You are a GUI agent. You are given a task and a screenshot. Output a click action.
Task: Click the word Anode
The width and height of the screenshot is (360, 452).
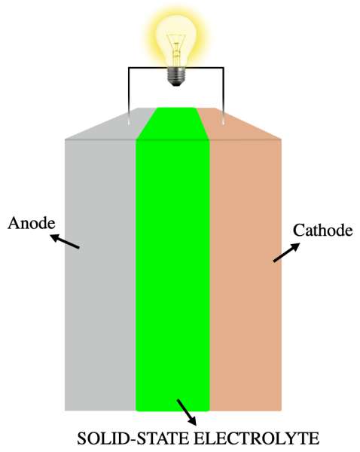tap(32, 223)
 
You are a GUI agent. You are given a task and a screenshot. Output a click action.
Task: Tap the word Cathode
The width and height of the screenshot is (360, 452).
tap(323, 231)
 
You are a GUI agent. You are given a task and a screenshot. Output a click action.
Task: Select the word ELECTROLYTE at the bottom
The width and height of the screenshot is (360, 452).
tap(257, 438)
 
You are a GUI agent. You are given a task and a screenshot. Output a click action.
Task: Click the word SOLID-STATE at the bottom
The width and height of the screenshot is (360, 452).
tap(133, 438)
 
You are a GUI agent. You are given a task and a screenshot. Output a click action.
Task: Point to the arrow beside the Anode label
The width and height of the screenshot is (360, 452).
tap(65, 241)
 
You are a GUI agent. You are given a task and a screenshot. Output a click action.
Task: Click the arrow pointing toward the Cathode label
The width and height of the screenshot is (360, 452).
tap(286, 252)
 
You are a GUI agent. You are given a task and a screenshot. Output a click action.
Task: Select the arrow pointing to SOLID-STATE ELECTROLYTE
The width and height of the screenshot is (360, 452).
tap(187, 412)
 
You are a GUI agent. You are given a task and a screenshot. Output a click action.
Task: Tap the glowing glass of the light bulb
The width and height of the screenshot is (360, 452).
tap(176, 40)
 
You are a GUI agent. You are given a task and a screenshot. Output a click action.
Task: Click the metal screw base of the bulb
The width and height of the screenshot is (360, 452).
tap(176, 76)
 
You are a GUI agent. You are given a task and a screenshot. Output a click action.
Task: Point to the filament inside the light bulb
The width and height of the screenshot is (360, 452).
tap(176, 49)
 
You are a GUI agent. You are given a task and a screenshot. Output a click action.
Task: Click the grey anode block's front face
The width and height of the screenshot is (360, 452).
tap(100, 275)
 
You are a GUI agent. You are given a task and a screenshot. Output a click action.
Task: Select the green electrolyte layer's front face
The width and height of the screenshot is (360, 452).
tap(172, 275)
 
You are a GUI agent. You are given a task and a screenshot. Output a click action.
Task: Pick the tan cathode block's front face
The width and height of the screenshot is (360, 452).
tap(246, 275)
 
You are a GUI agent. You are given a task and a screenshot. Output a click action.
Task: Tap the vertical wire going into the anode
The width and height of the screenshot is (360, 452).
tap(129, 96)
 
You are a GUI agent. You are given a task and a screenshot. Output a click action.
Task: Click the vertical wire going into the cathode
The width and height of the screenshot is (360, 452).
tap(224, 96)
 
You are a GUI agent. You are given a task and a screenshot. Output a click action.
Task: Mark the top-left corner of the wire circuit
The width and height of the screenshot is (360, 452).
tap(129, 68)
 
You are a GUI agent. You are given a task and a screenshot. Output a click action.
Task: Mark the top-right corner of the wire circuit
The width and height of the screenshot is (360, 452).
tap(224, 68)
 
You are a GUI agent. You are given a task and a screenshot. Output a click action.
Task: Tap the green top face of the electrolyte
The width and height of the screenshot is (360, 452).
tap(172, 124)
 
